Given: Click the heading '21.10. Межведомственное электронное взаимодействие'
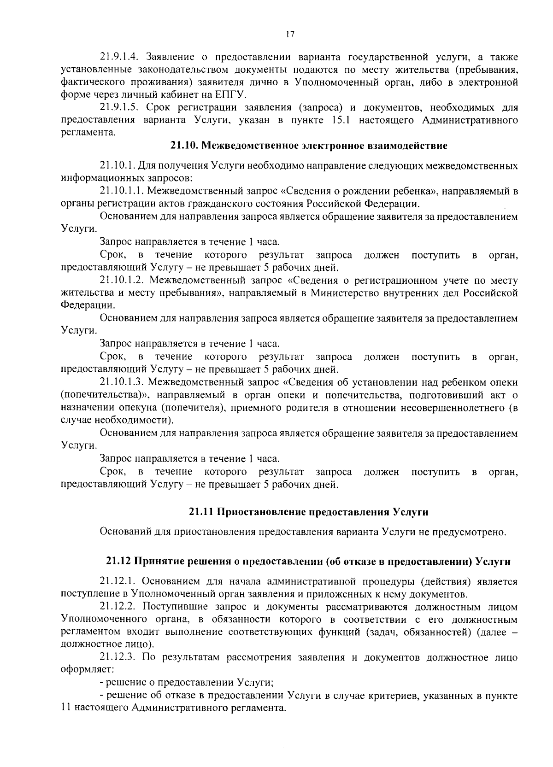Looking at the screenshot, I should pyautogui.click(x=309, y=146).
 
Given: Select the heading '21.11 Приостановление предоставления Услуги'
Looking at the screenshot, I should pyautogui.click(x=309, y=512).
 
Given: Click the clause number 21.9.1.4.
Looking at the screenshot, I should pyautogui.click(x=120, y=58).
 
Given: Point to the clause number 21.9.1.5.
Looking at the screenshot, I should pyautogui.click(x=120, y=108).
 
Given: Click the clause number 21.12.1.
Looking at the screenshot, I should pyautogui.click(x=118, y=582).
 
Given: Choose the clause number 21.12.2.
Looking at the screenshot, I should pyautogui.click(x=118, y=607).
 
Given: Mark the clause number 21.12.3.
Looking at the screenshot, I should pyautogui.click(x=118, y=657).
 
